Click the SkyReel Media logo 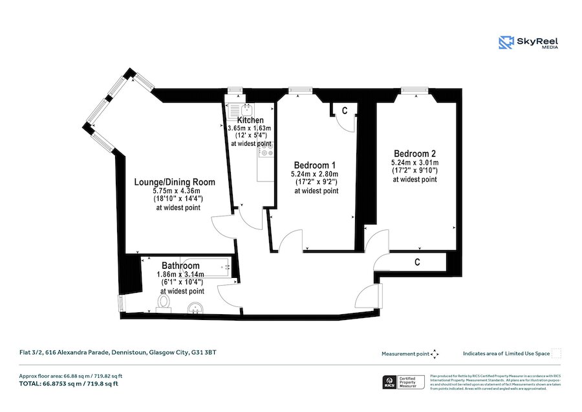(528, 43)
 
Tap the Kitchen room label (250, 120)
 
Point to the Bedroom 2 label (415, 154)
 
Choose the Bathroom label (180, 266)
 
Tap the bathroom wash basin (195, 309)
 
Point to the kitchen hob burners (265, 153)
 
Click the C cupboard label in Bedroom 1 (345, 111)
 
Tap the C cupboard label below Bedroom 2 (417, 262)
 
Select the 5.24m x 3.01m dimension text (415, 163)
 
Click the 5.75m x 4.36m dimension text (177, 191)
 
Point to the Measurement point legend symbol (435, 354)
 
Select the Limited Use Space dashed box (557, 354)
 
